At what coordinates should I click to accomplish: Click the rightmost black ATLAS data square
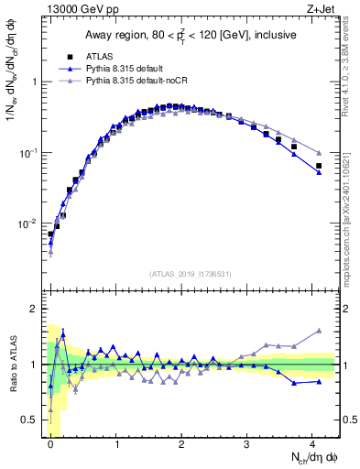tap(319, 166)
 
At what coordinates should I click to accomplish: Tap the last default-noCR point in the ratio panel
tap(319, 331)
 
